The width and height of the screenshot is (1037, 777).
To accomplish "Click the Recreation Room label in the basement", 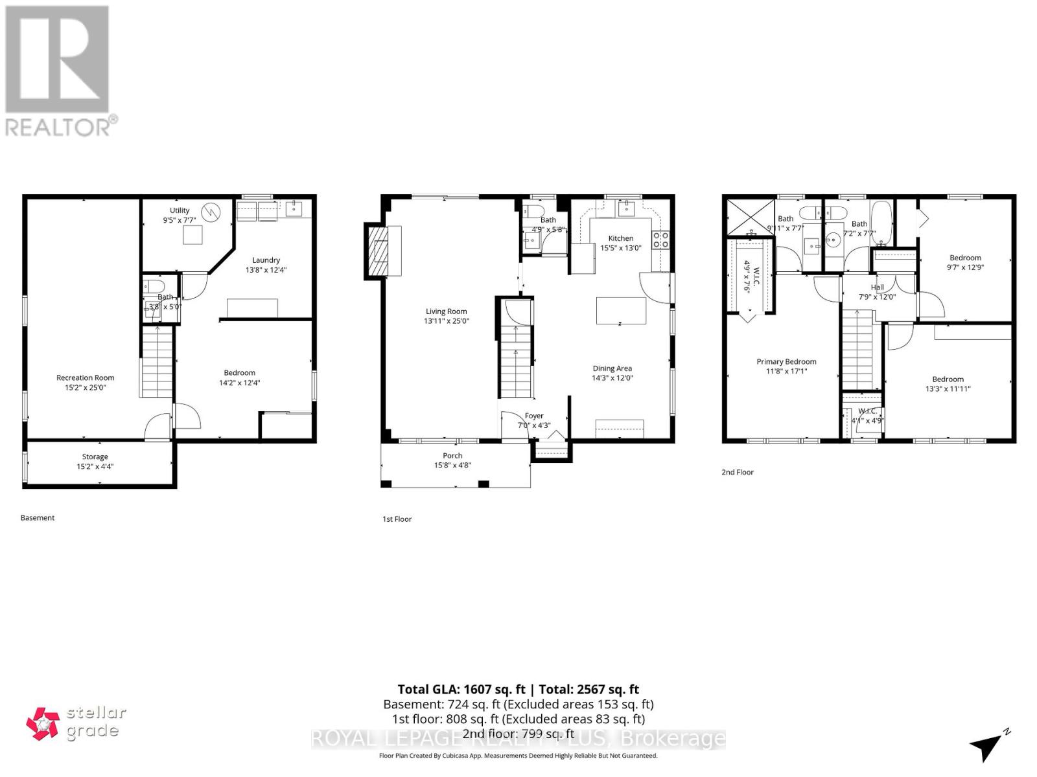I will [x=85, y=377].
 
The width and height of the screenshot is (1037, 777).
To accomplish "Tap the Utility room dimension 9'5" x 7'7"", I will [x=180, y=220].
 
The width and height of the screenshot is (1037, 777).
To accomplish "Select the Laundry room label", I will [x=266, y=260].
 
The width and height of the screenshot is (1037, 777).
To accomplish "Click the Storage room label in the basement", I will [x=95, y=456].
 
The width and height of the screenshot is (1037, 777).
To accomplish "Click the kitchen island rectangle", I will [x=621, y=310].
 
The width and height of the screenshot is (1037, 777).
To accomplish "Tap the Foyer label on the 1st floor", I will [x=534, y=416].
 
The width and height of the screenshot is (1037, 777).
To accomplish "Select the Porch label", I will [x=452, y=456].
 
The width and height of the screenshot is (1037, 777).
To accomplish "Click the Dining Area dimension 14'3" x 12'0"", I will [x=612, y=378].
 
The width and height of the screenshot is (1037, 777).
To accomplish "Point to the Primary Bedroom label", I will [x=786, y=362].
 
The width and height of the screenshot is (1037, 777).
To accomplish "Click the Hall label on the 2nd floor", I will [x=877, y=287].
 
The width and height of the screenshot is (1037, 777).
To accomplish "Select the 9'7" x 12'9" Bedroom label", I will [x=965, y=258].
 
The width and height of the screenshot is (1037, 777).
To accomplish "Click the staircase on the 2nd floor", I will [x=858, y=350].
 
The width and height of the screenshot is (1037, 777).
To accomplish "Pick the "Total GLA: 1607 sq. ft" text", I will [x=461, y=690].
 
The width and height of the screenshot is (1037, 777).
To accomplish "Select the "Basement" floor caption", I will [x=38, y=518].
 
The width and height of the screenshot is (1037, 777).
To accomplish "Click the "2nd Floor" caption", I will [x=738, y=472].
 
